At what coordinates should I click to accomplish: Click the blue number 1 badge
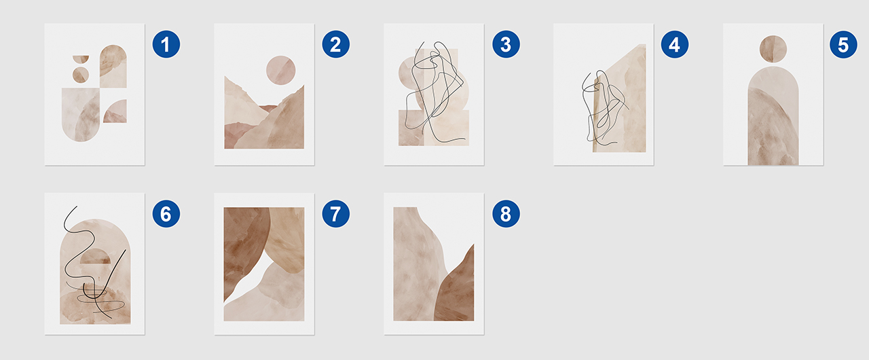166,44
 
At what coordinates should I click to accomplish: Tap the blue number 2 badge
336,44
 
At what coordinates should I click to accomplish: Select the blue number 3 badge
506,44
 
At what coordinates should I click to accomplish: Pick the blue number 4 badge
675,44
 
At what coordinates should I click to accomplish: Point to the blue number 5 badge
843,44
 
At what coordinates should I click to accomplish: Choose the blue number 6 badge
166,213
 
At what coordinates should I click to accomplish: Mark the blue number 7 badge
336,213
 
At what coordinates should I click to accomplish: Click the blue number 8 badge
506,213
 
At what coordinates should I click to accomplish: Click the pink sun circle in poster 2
281,70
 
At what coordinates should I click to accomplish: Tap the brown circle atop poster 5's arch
773,49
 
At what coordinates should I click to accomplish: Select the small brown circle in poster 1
81,75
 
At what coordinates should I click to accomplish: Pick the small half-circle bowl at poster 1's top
81,59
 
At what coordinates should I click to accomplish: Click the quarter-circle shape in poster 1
115,111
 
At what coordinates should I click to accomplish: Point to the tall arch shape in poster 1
113,66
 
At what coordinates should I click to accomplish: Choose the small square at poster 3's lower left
411,128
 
